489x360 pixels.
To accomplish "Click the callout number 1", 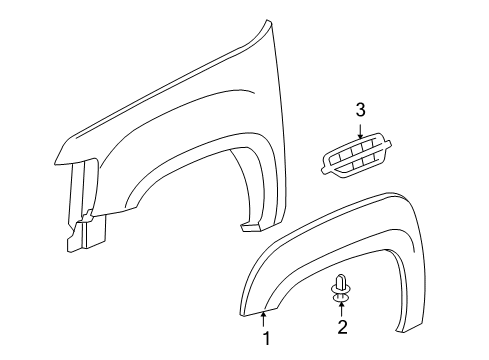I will click(267, 340).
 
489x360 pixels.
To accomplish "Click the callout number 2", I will click(341, 327).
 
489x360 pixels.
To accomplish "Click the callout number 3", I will click(359, 109).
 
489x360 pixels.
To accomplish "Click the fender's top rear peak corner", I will click(268, 22).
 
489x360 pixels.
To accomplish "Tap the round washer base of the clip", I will click(341, 296).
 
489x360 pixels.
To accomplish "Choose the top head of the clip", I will click(341, 278).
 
